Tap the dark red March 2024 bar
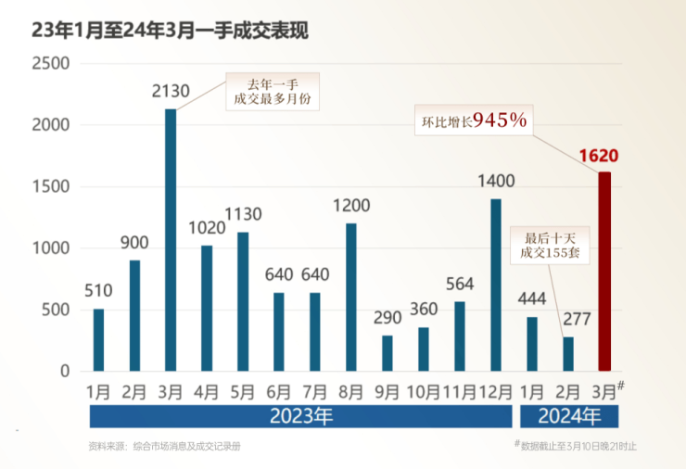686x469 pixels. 604,271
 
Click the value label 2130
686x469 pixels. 171,92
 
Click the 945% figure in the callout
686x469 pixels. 500,120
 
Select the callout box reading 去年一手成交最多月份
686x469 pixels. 272,91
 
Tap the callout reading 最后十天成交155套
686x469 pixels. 551,245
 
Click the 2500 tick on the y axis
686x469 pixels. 50,64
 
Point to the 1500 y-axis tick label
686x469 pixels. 50,187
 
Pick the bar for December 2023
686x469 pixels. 496,285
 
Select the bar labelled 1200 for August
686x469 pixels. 351,297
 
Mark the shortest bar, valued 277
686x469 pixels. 568,353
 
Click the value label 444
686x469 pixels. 532,299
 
